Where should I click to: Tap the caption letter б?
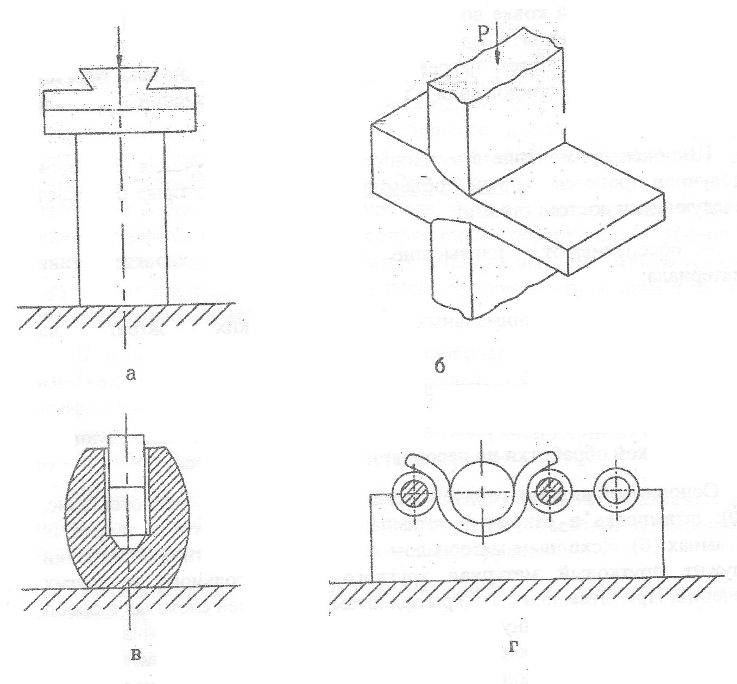[440, 366]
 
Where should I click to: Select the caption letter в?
[137, 655]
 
